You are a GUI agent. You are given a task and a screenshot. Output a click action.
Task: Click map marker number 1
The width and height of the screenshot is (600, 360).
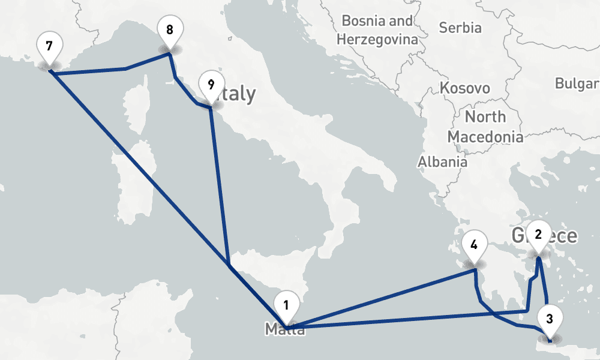(x=286, y=304)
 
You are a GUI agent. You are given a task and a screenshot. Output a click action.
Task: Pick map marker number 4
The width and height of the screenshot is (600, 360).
(x=474, y=245)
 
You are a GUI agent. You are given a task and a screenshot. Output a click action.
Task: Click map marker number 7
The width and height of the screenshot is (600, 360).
(x=49, y=46)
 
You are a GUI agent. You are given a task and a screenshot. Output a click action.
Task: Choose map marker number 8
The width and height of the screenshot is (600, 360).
(x=170, y=29)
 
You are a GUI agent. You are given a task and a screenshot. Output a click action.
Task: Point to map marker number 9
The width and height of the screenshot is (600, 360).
(x=210, y=85)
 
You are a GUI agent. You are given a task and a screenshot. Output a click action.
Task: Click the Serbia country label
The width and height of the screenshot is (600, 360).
(x=460, y=28)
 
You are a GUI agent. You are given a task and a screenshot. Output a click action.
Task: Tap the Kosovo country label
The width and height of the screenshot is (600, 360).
(x=465, y=88)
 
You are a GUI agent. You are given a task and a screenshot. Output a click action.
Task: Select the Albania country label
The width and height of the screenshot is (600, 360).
(x=442, y=161)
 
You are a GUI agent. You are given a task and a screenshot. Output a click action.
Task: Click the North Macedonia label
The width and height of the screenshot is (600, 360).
(x=485, y=127)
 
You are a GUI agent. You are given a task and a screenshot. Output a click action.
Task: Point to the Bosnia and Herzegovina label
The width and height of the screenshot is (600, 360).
(x=377, y=31)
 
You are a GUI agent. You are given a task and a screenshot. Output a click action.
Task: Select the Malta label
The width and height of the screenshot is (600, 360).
(x=284, y=329)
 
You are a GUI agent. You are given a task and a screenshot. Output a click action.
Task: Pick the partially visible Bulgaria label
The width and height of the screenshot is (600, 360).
(x=577, y=83)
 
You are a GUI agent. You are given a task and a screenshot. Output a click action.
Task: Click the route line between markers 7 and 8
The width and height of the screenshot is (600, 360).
(x=108, y=70)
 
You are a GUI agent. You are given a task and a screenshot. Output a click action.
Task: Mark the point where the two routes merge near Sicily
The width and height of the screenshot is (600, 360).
(x=229, y=264)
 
